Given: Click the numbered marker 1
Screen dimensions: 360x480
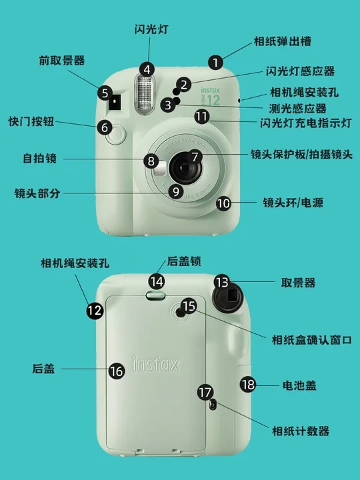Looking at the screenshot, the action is (215, 63).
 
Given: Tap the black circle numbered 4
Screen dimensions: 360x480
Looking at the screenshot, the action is (147, 69).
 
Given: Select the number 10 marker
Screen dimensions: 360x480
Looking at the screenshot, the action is (224, 203).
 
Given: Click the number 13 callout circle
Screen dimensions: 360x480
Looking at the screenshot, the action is (222, 282).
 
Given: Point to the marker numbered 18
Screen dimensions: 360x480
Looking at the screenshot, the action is (248, 384).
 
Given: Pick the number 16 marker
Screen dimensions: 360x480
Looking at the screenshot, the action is (117, 371).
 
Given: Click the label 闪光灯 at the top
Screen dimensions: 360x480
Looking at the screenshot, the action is (151, 29).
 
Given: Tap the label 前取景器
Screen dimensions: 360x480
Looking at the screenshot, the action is (62, 60).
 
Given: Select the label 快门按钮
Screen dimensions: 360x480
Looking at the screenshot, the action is (31, 121).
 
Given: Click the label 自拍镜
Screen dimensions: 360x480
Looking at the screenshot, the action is (40, 158).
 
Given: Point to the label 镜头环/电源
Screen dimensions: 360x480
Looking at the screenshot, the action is (293, 203).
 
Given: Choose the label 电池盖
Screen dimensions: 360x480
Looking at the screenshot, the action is (299, 385).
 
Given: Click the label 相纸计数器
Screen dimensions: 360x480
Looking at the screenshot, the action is (301, 431).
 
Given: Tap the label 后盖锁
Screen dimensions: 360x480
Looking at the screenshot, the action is (184, 261).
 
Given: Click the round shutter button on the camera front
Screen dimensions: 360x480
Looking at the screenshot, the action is (116, 134).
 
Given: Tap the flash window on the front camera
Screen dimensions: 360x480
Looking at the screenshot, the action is (145, 95).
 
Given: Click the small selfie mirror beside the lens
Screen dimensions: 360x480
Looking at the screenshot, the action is (160, 169).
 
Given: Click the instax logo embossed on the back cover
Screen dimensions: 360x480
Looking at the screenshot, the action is (155, 363).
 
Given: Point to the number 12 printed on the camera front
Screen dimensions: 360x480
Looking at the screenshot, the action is (214, 100).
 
